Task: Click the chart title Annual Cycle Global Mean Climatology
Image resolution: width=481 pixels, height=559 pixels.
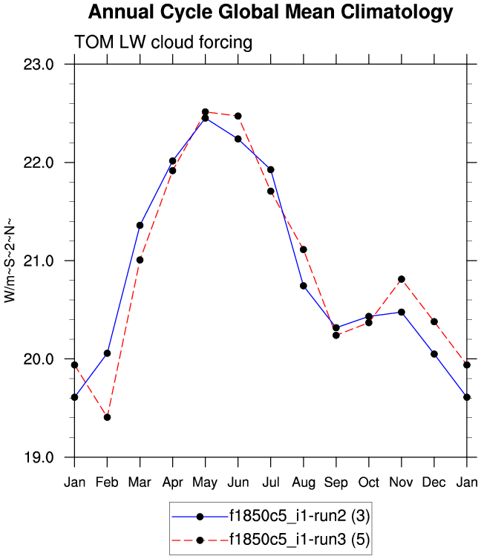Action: [269, 13]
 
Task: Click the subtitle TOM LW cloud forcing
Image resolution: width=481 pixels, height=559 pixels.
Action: [163, 43]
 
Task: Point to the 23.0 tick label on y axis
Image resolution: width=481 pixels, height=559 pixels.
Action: [39, 65]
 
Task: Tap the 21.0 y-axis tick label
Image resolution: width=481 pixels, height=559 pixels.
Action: [39, 261]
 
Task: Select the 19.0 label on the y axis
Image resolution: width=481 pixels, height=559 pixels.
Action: [39, 458]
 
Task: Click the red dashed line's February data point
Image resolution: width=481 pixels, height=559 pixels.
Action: [107, 417]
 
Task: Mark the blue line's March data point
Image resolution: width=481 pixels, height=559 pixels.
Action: [140, 225]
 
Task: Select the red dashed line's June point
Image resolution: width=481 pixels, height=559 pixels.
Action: [238, 116]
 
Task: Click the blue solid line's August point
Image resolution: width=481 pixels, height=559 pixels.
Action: [303, 286]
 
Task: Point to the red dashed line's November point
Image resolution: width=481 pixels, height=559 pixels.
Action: [401, 279]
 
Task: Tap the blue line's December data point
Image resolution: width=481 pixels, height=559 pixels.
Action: [433, 354]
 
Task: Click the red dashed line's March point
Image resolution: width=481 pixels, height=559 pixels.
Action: [140, 260]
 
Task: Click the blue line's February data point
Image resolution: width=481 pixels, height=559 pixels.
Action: [107, 353]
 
